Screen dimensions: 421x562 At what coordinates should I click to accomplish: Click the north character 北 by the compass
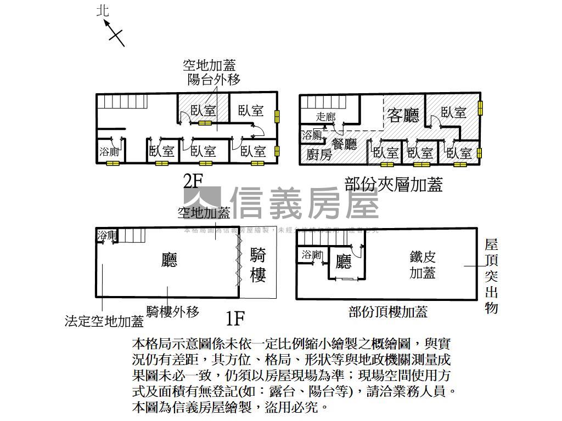(x=103, y=10)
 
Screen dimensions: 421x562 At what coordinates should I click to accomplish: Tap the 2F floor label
(x=193, y=181)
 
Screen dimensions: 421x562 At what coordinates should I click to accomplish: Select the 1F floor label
(x=234, y=317)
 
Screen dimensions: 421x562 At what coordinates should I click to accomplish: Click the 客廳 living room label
(x=403, y=115)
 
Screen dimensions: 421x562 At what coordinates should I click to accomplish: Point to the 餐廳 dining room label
(x=345, y=144)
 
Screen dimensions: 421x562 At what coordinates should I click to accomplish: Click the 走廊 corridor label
(x=326, y=117)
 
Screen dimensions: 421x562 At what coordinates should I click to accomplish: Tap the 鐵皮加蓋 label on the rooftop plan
(x=423, y=264)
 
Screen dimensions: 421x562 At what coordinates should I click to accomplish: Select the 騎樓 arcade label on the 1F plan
(x=258, y=265)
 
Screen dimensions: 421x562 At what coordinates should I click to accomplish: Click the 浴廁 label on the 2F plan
(x=109, y=152)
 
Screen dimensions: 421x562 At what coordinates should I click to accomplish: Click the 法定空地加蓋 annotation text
(x=104, y=321)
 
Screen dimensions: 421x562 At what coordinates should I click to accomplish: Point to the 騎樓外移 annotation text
(x=172, y=312)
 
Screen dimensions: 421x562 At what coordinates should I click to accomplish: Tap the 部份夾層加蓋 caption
(x=394, y=184)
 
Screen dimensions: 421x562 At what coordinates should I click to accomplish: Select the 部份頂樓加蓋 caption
(x=388, y=312)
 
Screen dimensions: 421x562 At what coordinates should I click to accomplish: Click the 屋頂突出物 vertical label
(x=491, y=276)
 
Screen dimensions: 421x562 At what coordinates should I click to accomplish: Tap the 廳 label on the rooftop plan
(x=344, y=262)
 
